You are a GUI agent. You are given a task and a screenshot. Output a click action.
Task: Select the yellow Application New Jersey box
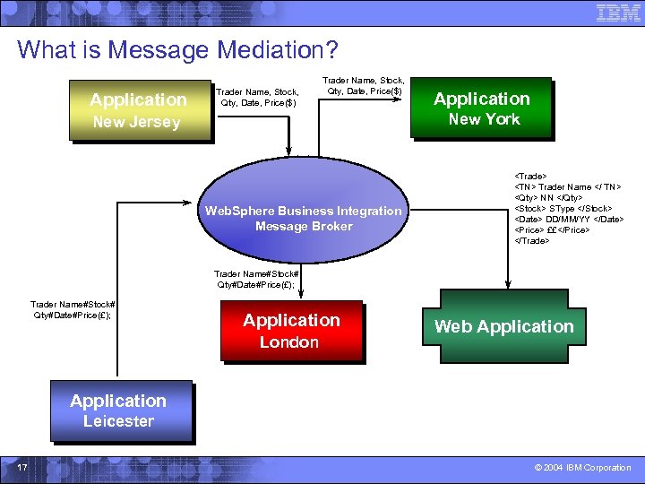139,110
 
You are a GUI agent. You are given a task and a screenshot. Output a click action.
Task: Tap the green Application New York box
482,108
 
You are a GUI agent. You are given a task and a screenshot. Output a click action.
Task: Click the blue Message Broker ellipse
303,218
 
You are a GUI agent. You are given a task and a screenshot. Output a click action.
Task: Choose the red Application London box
291,330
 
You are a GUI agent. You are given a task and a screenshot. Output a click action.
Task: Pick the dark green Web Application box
503,326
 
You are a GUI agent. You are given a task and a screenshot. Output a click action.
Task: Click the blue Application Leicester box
120,411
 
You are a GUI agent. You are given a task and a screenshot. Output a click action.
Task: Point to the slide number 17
21,467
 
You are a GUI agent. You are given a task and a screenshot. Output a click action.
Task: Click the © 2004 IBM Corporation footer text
582,467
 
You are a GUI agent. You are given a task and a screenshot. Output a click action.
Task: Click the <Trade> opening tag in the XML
530,177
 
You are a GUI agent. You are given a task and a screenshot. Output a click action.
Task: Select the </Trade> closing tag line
532,241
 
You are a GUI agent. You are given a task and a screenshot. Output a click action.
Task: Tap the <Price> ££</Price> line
552,230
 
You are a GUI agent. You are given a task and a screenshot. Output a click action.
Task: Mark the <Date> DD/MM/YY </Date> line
568,220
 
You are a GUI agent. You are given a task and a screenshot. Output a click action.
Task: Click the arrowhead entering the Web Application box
503,285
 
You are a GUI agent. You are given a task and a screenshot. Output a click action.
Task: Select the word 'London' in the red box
289,342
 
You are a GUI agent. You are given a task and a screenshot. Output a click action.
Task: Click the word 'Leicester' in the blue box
118,421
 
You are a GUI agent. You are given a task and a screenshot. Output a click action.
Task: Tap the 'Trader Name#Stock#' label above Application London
256,273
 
